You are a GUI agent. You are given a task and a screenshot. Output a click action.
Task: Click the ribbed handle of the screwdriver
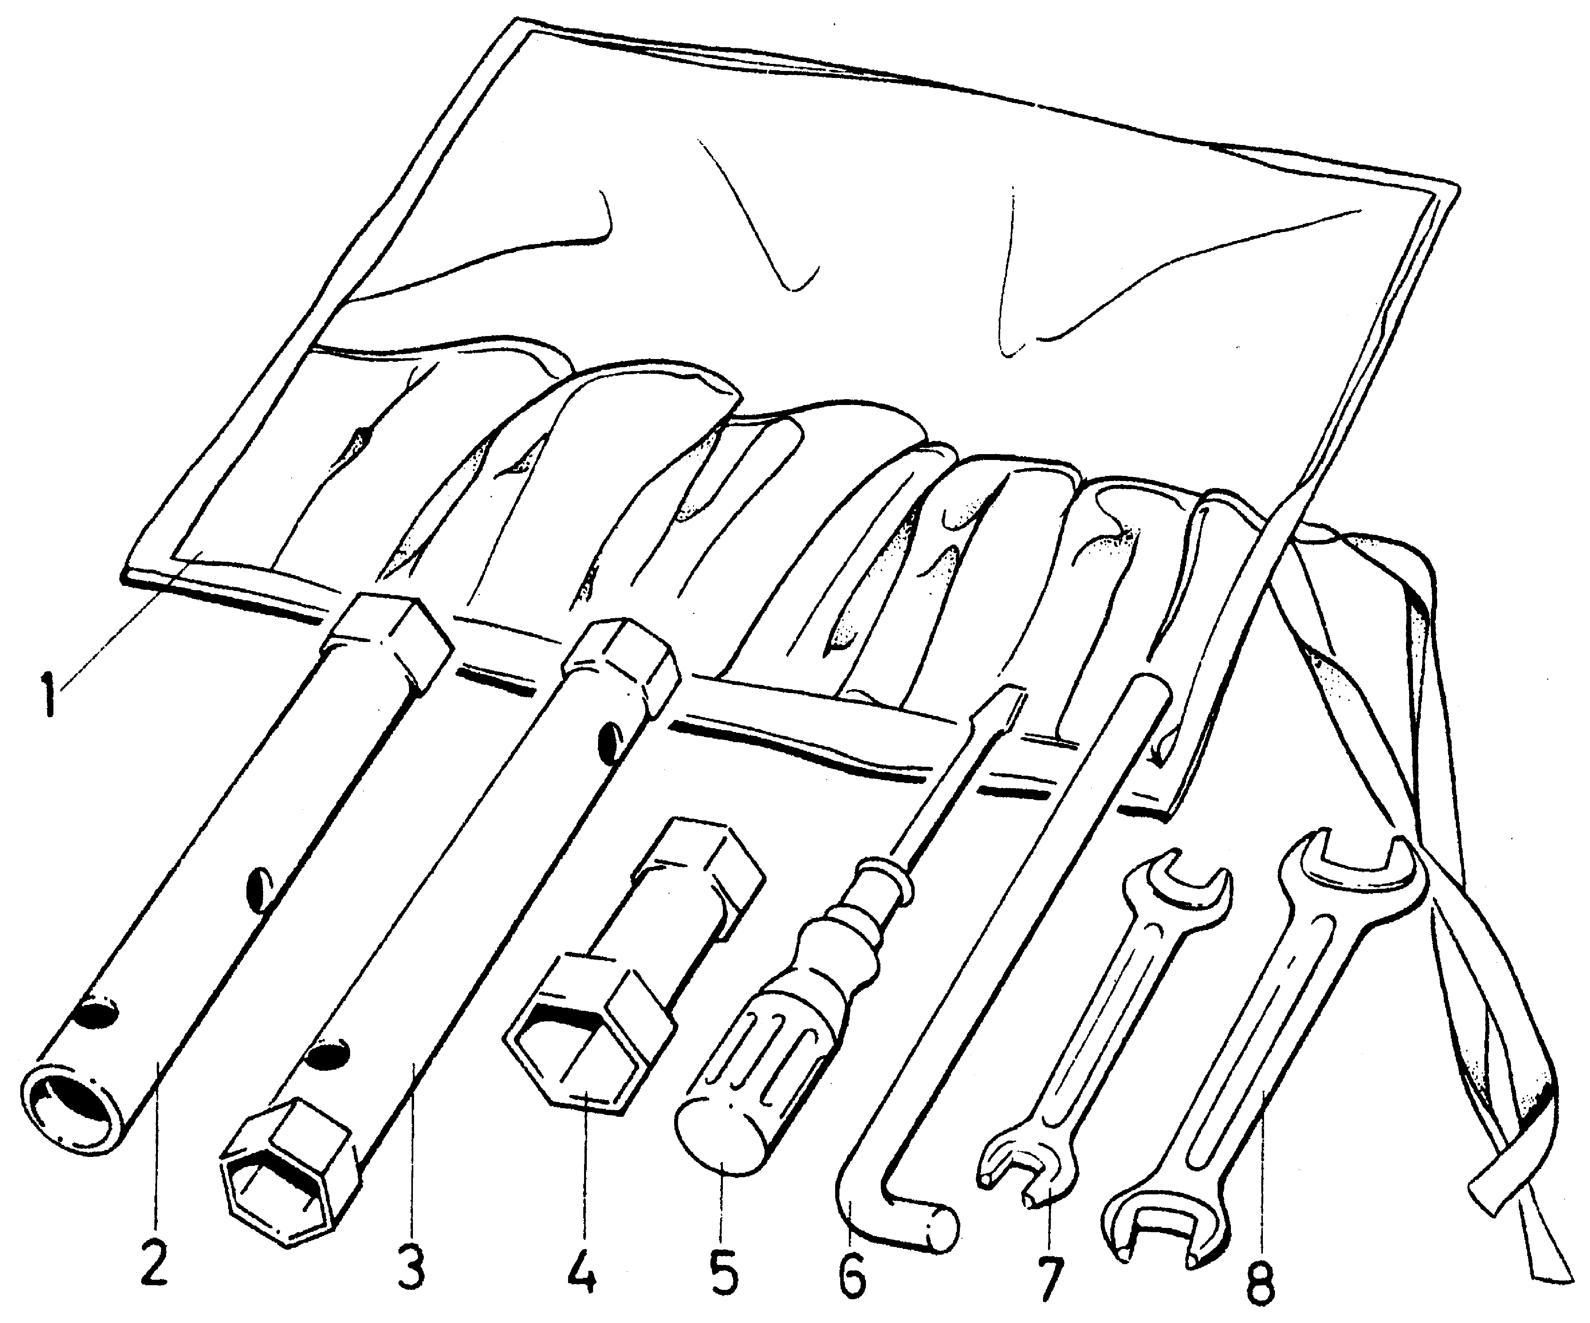pyautogui.click(x=765, y=1059)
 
